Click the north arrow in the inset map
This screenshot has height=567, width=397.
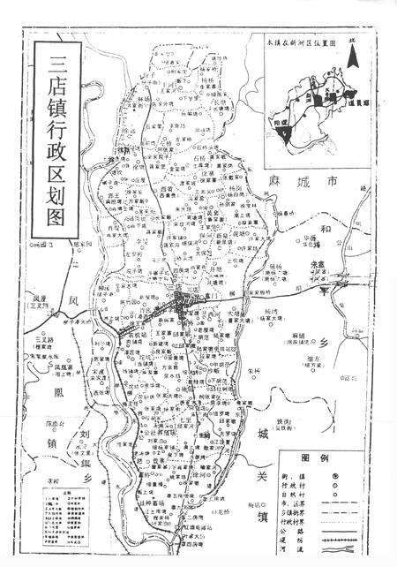[x=352, y=57]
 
